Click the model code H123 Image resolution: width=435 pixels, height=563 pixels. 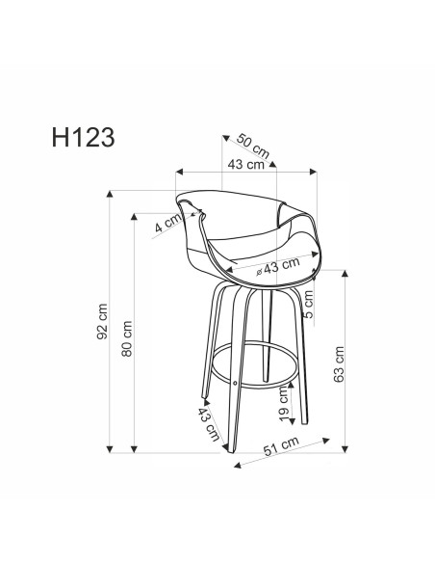pos(81,136)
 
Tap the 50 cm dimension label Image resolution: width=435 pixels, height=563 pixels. pos(252,150)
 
